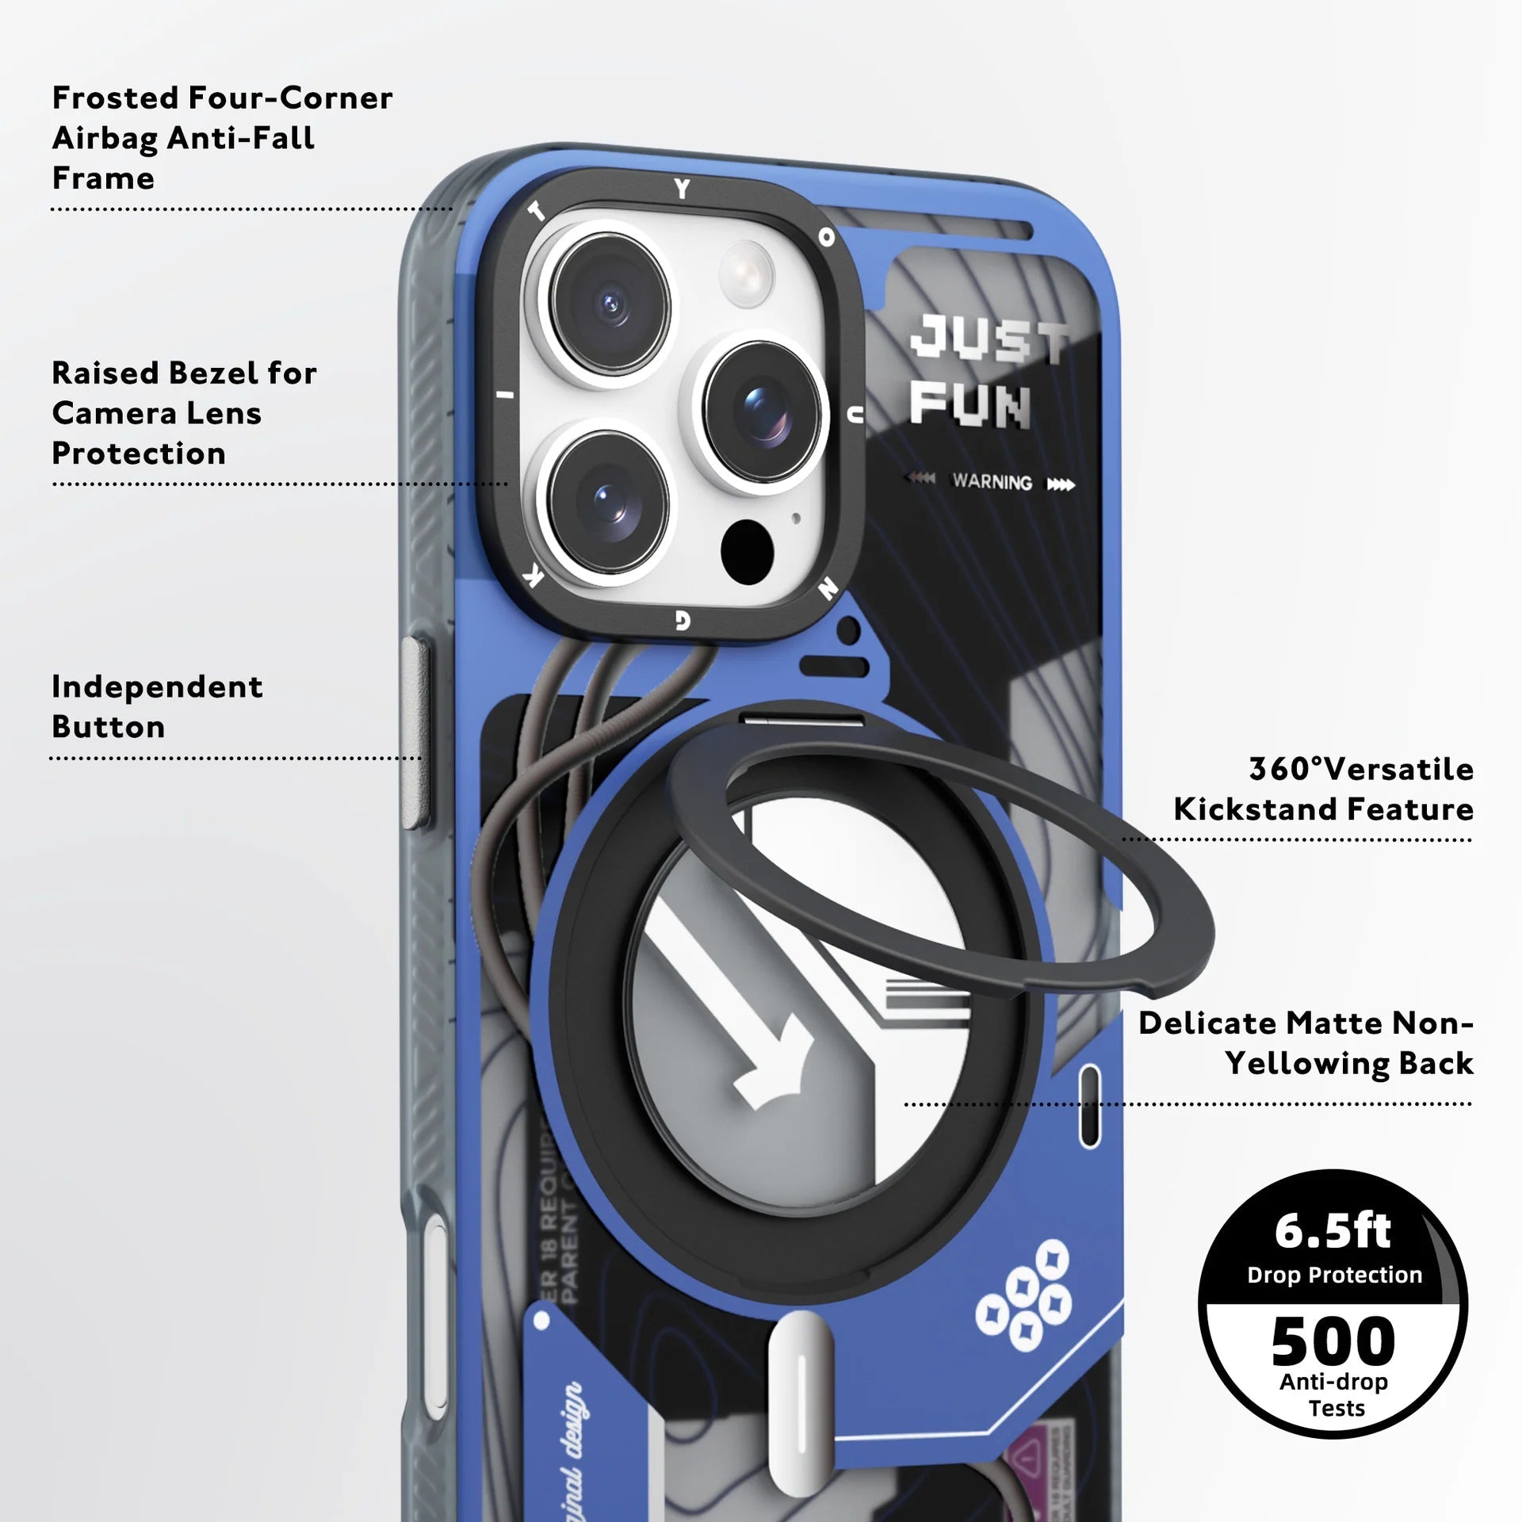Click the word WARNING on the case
[992, 482]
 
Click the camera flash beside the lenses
[746, 273]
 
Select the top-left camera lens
[610, 304]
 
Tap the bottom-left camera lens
[607, 502]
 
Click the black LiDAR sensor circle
[747, 552]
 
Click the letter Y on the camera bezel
[682, 189]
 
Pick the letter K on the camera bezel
[534, 577]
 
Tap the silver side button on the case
[415, 733]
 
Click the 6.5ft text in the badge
[1333, 1231]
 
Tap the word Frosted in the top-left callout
[115, 98]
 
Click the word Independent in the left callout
[157, 686]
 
